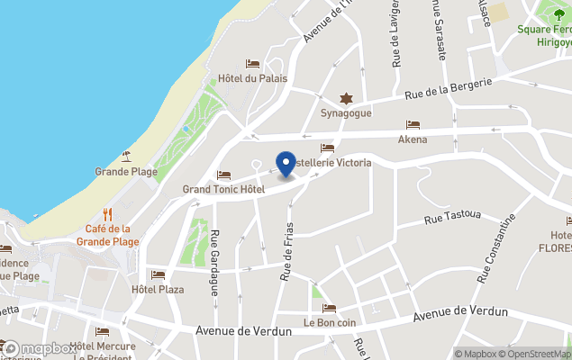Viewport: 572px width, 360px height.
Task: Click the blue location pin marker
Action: pos(286,165)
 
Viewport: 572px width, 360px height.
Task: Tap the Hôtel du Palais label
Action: pos(252,78)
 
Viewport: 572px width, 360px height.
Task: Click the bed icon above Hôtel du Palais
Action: pos(252,64)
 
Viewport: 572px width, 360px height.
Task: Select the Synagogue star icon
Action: pos(344,98)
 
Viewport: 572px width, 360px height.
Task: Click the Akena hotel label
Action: pos(413,139)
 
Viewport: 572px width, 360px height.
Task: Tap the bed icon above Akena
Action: pos(413,125)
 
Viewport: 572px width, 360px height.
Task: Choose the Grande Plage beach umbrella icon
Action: pos(126,157)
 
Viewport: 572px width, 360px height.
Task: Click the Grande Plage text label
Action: pos(126,172)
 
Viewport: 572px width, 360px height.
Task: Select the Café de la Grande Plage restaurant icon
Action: pos(107,214)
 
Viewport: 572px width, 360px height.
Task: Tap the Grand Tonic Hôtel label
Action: pos(223,190)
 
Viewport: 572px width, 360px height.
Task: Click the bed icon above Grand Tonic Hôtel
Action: pos(223,175)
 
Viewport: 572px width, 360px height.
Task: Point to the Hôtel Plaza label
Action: pos(158,290)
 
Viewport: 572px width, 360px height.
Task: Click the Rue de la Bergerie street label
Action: pos(448,87)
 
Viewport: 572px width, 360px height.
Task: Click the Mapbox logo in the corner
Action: pos(40,348)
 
